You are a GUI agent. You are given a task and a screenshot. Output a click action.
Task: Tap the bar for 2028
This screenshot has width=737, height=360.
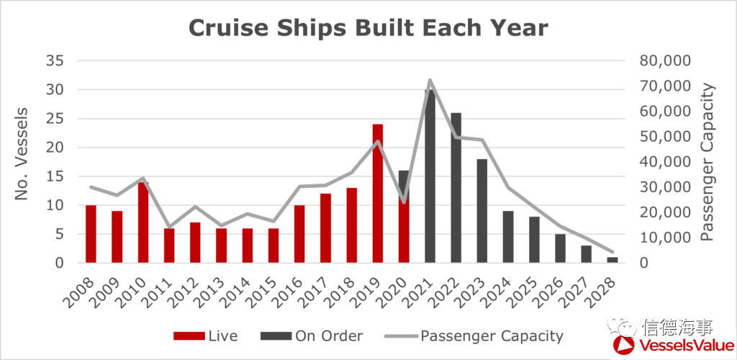click(612, 260)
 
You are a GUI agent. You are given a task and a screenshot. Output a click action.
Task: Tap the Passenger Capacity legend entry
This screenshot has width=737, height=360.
click(475, 336)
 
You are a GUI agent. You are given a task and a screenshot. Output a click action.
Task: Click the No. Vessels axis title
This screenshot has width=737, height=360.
click(22, 154)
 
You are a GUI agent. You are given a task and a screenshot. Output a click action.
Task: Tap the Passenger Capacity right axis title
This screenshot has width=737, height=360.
click(708, 161)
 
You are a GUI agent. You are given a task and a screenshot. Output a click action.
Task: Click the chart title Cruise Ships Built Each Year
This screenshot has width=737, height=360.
click(368, 28)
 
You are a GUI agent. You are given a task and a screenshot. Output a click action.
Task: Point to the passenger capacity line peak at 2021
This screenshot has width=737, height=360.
click(430, 80)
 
